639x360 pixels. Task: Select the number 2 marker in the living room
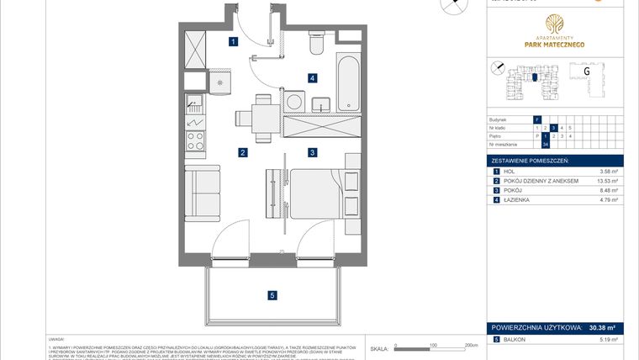pyautogui.click(x=241, y=152)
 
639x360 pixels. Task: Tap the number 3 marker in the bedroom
pyautogui.click(x=312, y=152)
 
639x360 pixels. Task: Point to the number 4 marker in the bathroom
pyautogui.click(x=312, y=78)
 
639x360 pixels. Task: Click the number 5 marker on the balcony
pyautogui.click(x=271, y=294)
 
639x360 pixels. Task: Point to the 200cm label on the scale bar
pyautogui.click(x=470, y=345)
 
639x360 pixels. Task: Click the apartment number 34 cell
pyautogui.click(x=545, y=144)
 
